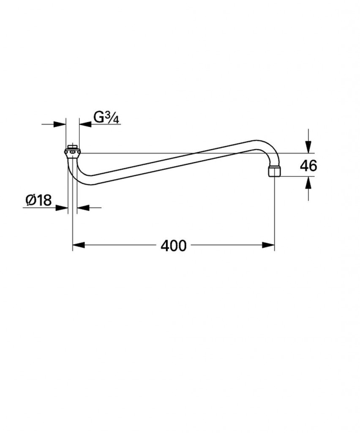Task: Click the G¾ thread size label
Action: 106,118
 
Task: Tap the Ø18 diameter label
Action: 38,200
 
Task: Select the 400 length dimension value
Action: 174,246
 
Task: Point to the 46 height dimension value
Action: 308,165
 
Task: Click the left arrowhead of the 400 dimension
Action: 79,245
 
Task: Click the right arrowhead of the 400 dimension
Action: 268,245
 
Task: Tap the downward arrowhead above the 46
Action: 308,147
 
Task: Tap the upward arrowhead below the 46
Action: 308,183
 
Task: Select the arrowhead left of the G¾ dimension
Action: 60,124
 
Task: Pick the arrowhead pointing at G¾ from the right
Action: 85,124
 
